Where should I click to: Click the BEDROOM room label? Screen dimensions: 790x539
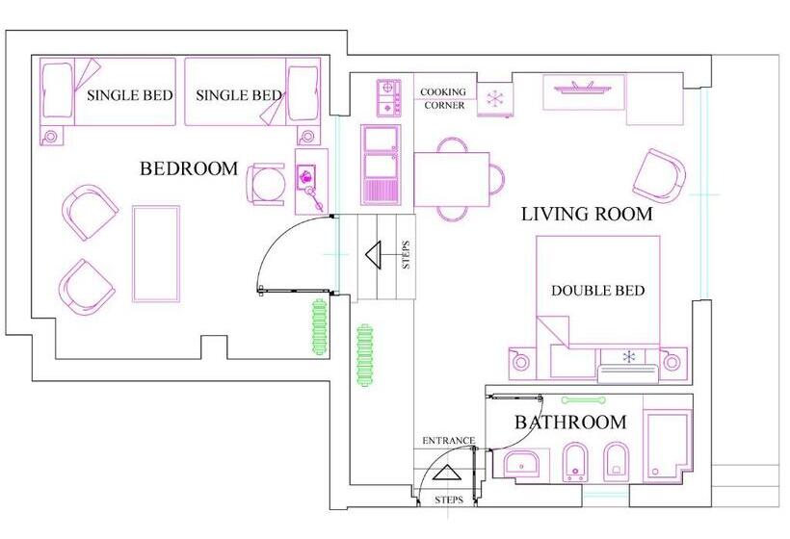(189, 168)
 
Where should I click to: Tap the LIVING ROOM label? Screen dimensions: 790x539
(587, 215)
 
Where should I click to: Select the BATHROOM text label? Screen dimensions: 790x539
(571, 423)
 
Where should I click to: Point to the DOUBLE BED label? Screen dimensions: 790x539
(597, 291)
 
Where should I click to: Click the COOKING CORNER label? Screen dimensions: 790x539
(443, 98)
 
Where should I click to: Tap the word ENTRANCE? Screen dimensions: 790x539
(448, 441)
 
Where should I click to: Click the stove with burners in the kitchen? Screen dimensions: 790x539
(388, 97)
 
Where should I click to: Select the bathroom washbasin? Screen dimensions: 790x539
(521, 464)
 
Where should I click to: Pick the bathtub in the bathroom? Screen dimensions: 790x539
(667, 446)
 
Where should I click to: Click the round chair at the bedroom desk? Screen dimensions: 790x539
(266, 184)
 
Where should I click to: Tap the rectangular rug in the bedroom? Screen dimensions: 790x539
(156, 254)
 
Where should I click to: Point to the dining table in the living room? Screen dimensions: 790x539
(452, 180)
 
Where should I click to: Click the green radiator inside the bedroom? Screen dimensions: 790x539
(319, 327)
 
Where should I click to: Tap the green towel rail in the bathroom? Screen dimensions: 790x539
(584, 400)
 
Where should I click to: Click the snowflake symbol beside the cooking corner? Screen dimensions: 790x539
(495, 98)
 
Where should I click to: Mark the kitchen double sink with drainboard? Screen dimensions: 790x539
(381, 166)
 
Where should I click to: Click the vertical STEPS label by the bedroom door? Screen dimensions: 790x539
(407, 255)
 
